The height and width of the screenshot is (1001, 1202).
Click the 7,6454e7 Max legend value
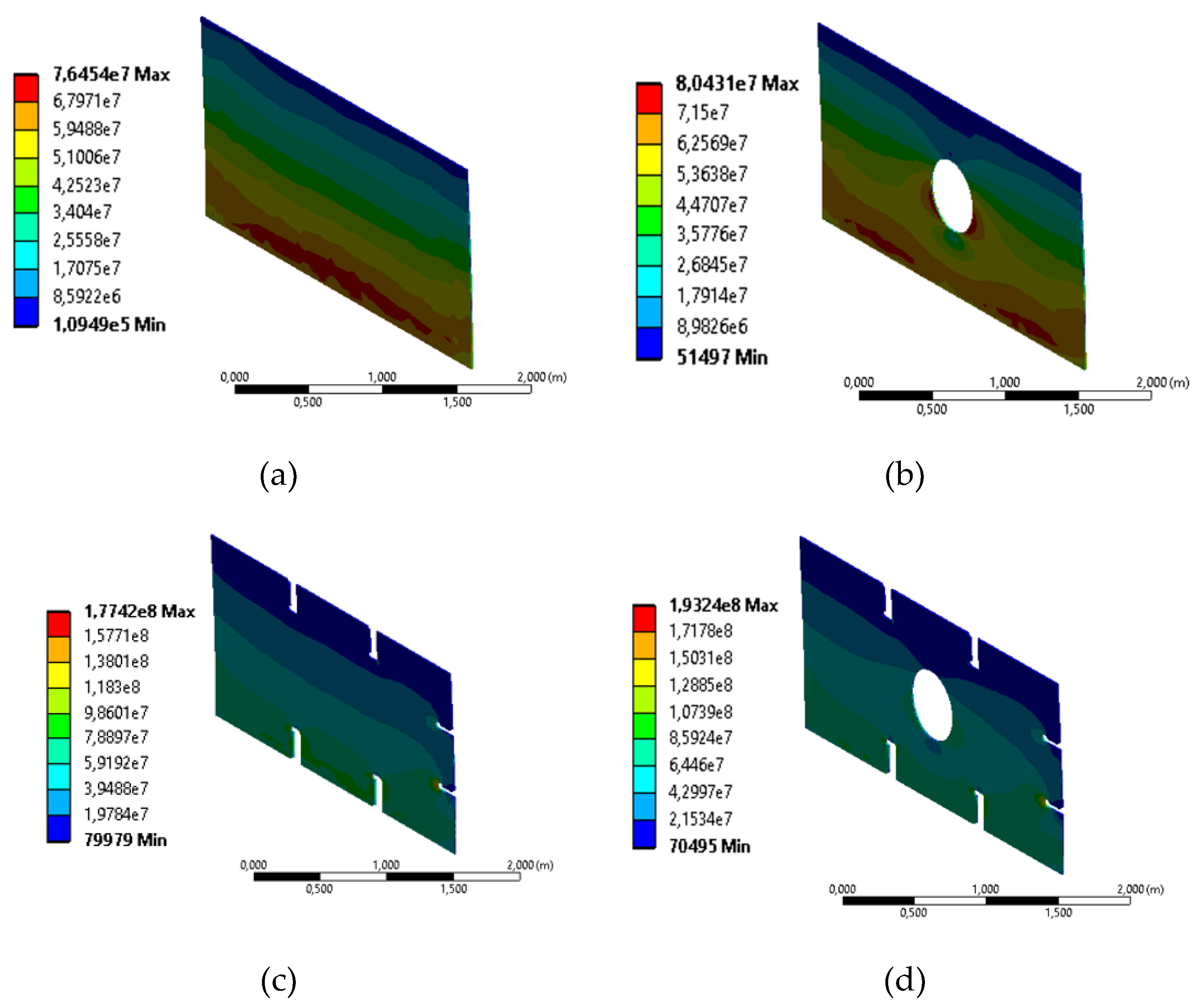tap(111, 74)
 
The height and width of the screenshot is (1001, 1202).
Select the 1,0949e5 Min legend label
tap(109, 325)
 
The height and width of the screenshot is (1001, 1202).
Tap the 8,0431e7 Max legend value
tap(736, 84)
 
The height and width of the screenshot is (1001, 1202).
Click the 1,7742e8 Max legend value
tap(140, 611)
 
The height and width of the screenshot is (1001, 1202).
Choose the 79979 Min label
tap(125, 839)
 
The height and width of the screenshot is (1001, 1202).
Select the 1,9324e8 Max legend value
tap(723, 605)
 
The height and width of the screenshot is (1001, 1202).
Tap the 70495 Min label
tap(709, 846)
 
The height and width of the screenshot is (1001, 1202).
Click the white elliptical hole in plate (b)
tap(952, 196)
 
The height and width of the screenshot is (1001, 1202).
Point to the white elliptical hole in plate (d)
tap(932, 705)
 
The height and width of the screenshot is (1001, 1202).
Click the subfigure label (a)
tap(278, 475)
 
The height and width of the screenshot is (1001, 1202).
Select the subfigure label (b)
tap(905, 475)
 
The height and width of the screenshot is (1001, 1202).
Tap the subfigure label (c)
tap(278, 981)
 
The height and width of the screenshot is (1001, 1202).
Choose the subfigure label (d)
tap(905, 981)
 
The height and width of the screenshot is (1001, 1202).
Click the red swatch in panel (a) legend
tap(27, 88)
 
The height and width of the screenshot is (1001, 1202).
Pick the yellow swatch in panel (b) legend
tap(649, 160)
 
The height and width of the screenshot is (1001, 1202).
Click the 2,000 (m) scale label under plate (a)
tap(541, 377)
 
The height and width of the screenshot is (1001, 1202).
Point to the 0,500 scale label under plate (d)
tap(913, 912)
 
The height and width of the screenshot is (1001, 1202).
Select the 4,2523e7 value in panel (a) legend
tap(86, 185)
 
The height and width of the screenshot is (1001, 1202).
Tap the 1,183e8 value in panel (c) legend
tap(112, 687)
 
